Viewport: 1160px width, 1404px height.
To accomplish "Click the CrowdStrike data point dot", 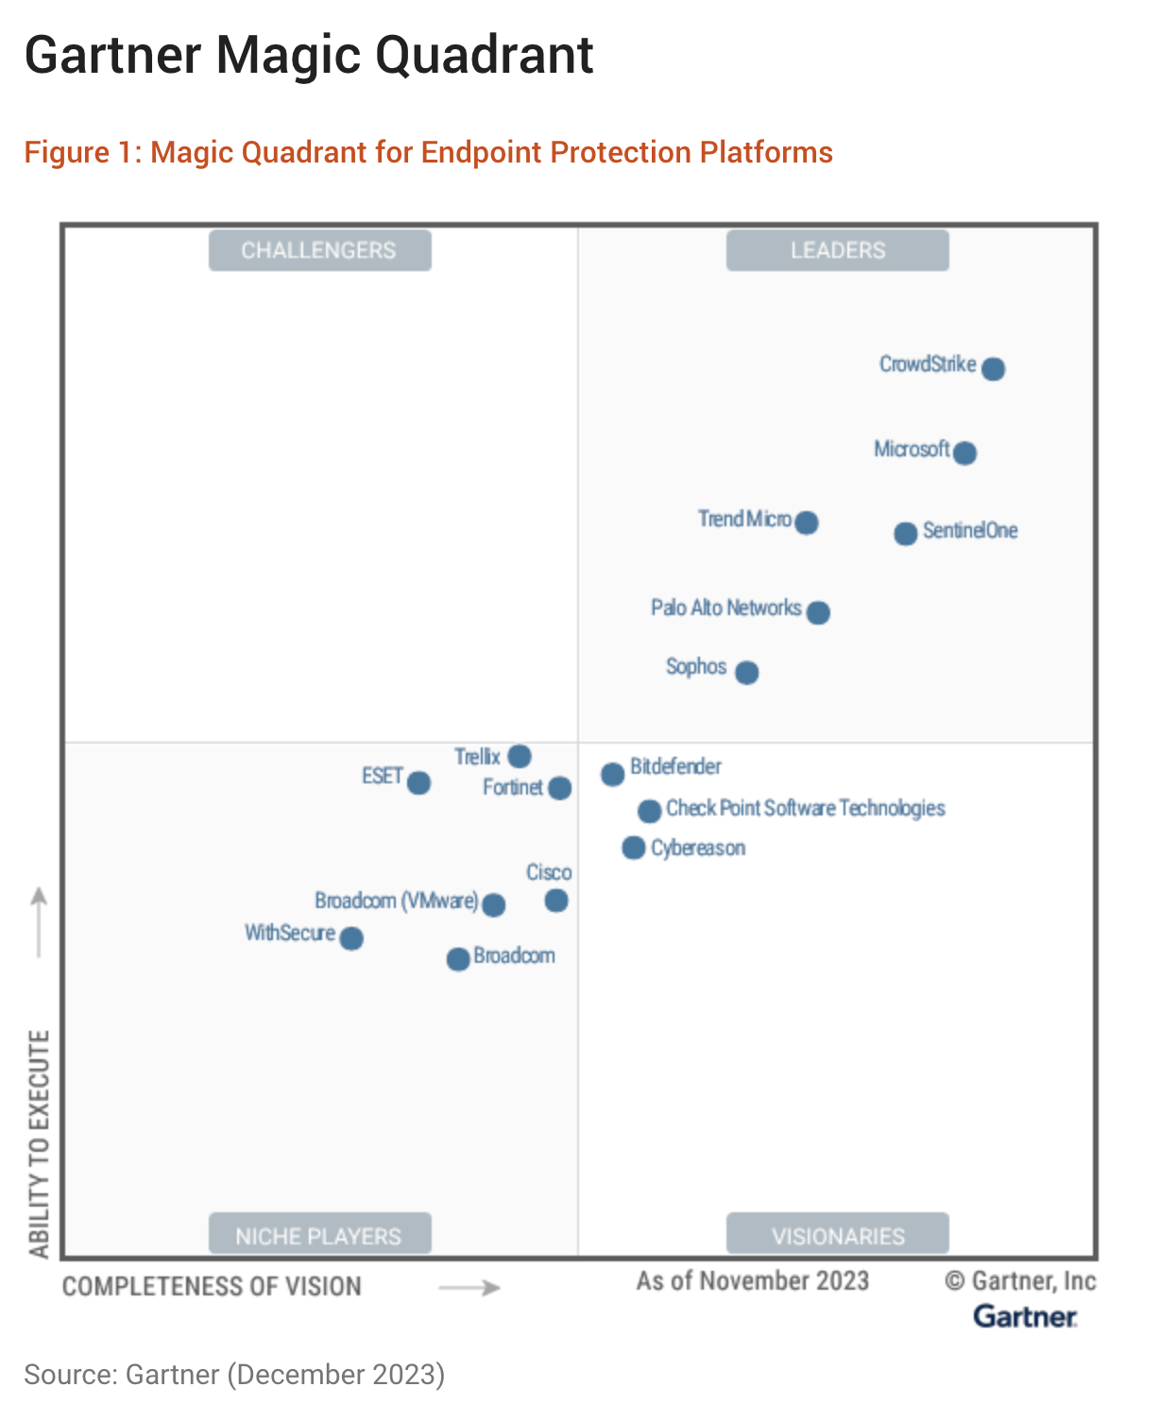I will point(993,368).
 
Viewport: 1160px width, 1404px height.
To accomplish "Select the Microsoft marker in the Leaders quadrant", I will point(964,453).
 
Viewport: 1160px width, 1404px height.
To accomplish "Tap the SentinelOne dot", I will point(905,534).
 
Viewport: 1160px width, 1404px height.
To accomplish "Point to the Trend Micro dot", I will point(807,522).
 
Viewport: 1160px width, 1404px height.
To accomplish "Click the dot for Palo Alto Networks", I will point(818,612).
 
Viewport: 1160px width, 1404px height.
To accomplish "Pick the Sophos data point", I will point(746,673).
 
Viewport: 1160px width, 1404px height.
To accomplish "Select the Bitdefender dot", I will point(612,775).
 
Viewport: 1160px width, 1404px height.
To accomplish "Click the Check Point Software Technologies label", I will point(805,808).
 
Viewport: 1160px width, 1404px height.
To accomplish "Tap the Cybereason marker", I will point(634,848).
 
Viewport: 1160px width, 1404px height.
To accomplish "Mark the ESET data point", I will point(418,783).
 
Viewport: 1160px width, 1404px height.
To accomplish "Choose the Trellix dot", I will point(520,756).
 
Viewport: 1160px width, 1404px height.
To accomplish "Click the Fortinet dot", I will point(560,788).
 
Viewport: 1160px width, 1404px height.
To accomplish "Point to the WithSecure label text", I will point(290,933).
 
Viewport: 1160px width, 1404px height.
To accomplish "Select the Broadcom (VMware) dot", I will point(493,905).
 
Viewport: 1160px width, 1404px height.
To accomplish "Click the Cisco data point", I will point(556,900).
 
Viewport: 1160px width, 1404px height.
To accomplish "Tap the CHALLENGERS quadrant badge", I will point(319,250).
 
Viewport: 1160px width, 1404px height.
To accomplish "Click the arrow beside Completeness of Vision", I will point(469,1288).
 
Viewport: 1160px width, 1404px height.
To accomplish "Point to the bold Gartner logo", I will point(1025,1316).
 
